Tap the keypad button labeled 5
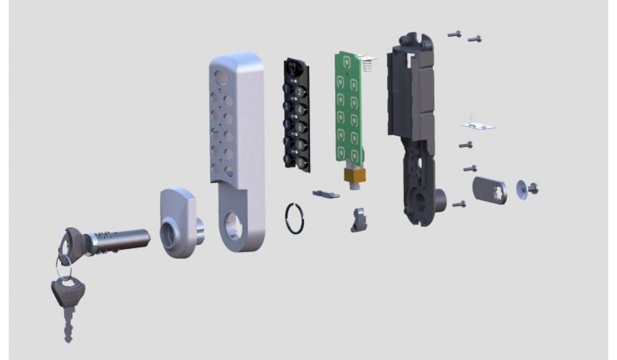288,124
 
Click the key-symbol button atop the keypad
293,68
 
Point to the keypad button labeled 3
288,106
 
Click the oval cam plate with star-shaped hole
489,188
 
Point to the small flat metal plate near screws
478,125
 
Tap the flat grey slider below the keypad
326,194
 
